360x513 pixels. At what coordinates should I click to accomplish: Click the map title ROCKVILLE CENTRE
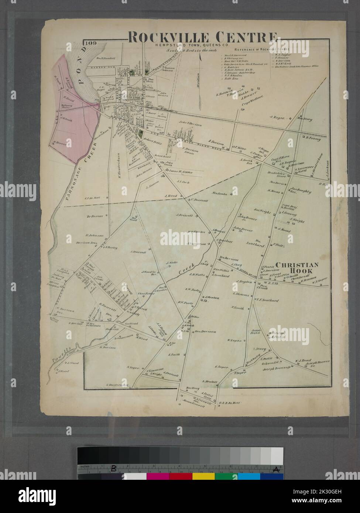202,37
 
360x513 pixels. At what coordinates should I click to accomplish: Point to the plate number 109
90,43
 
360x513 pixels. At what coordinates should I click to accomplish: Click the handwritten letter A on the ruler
275,469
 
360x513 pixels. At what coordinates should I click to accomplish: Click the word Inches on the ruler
85,466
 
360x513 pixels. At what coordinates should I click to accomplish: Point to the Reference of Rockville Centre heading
261,49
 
